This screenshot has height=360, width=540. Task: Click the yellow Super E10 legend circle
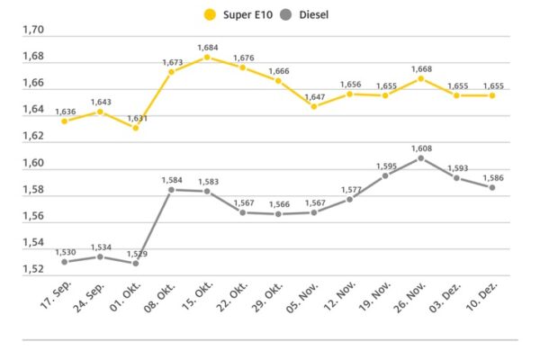[x=210, y=15]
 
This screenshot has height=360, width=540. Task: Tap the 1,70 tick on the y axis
[x=33, y=30]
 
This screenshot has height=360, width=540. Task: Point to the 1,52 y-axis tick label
[x=33, y=270]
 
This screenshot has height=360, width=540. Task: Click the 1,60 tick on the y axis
[x=33, y=163]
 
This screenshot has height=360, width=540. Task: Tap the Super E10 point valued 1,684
[x=207, y=57]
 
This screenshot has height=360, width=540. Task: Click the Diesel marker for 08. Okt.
[x=171, y=190]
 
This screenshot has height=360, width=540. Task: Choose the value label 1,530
[x=64, y=252]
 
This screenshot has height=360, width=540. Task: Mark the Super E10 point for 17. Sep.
[x=64, y=121]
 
